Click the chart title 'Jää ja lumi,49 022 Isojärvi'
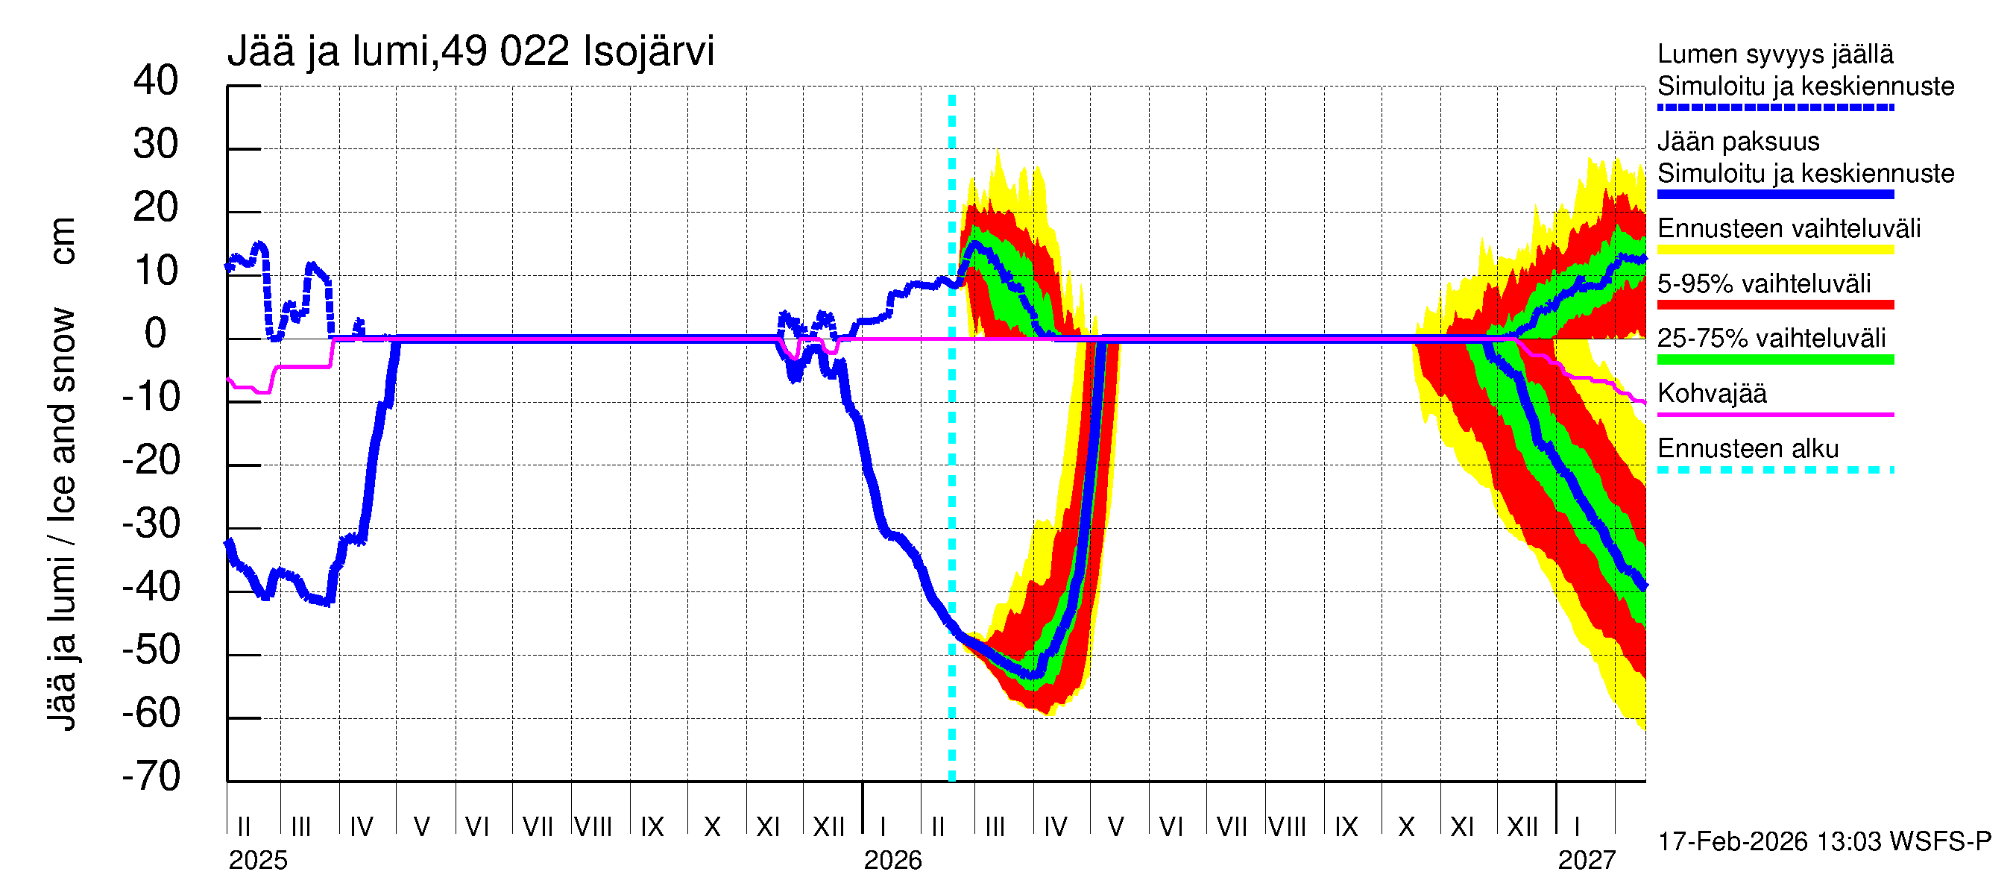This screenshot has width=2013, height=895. (x=470, y=51)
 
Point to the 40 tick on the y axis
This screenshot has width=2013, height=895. (x=157, y=81)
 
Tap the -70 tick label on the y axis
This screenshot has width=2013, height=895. (x=151, y=776)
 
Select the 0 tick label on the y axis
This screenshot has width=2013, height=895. (x=157, y=334)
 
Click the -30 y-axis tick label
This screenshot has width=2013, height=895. (x=151, y=524)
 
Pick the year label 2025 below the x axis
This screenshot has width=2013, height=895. (x=258, y=861)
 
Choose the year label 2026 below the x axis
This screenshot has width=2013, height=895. (x=892, y=861)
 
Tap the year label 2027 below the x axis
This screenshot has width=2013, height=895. (x=1587, y=861)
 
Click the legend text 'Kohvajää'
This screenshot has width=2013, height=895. (x=1712, y=393)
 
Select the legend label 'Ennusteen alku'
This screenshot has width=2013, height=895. (x=1748, y=449)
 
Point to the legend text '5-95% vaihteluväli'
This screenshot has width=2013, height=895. (x=1765, y=283)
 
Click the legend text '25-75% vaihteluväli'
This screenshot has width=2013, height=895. (x=1771, y=339)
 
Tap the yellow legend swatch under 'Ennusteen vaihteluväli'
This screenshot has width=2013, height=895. (x=1775, y=250)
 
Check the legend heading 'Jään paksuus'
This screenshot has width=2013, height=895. (x=1739, y=142)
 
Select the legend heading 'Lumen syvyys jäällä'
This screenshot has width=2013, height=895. (x=1775, y=54)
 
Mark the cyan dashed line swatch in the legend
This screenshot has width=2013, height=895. (x=1775, y=471)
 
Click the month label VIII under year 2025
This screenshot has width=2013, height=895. (x=593, y=827)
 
